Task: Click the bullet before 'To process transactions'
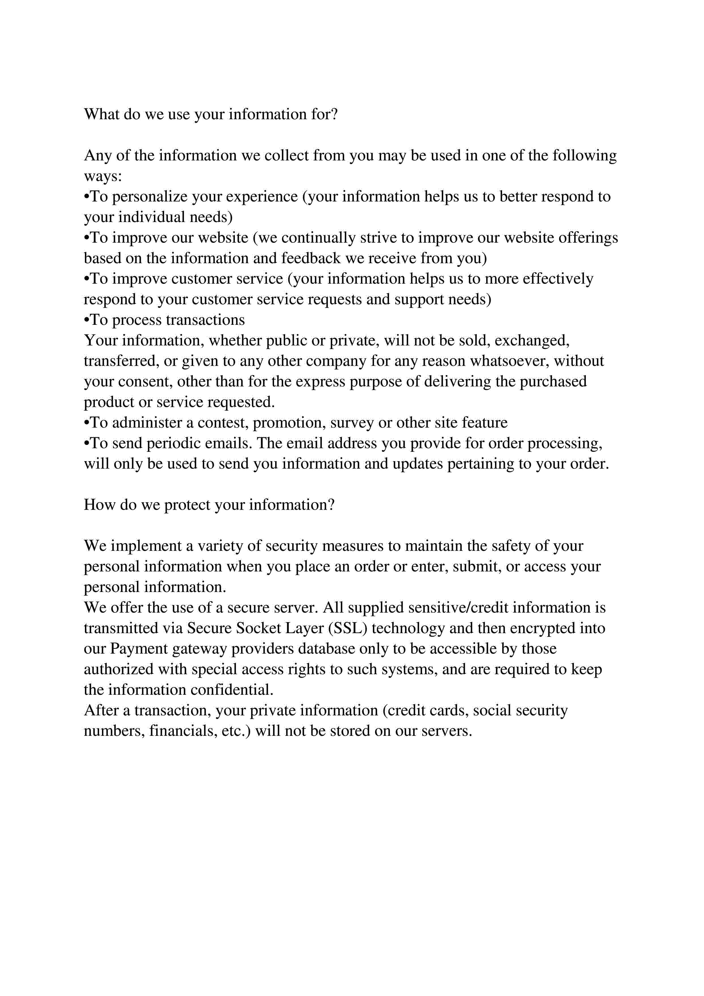click(x=87, y=320)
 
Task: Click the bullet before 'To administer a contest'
click(x=87, y=423)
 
